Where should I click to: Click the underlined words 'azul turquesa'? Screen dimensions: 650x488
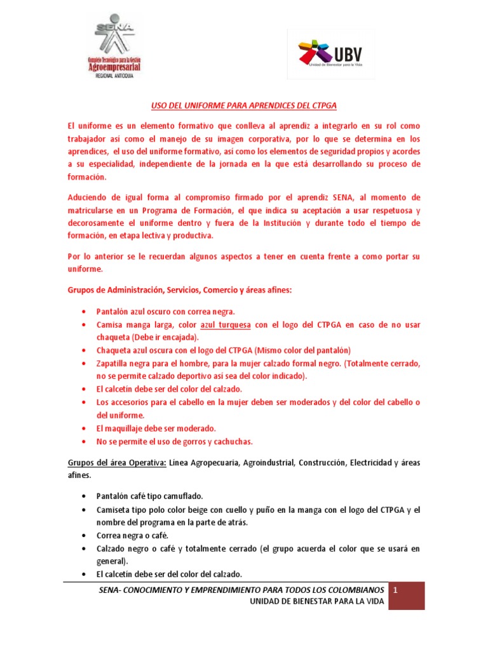click(x=231, y=325)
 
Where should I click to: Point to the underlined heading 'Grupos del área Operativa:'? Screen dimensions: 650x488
click(x=118, y=463)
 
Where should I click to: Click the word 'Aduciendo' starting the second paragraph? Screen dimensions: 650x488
click(x=88, y=197)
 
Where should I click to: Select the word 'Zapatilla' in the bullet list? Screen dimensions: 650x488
click(x=112, y=364)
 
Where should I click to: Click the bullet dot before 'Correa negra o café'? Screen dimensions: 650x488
click(x=85, y=536)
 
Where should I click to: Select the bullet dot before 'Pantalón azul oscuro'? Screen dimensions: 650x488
click(x=85, y=312)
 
